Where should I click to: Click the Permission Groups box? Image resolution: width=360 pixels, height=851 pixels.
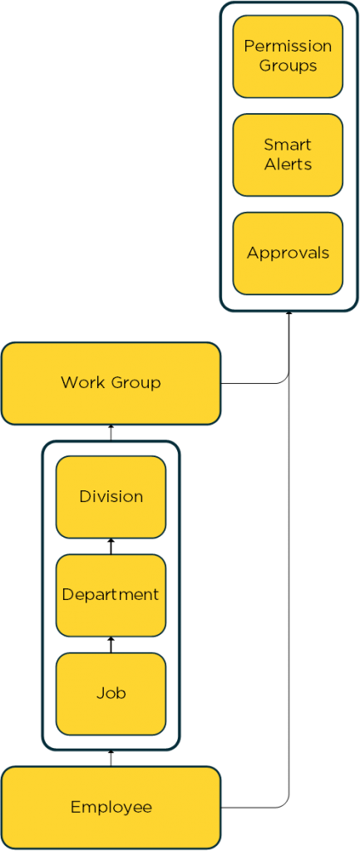288,57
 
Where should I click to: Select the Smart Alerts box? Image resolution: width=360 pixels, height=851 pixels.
288,155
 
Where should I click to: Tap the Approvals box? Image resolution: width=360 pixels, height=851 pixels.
288,253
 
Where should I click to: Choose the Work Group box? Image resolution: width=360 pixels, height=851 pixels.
111,383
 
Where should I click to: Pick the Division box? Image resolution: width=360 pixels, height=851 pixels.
111,497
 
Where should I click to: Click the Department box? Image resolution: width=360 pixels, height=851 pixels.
111,595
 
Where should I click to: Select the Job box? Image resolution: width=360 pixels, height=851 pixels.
111,694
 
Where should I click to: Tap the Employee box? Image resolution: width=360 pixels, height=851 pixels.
111,808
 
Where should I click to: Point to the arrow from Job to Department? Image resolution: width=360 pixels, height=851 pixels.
111,645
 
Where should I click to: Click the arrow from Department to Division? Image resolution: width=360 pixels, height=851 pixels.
111,547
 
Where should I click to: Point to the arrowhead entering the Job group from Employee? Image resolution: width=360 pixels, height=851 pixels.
111,753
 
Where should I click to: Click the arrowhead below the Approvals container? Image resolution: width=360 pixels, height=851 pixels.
288,314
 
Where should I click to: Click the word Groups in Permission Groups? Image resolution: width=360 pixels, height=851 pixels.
288,66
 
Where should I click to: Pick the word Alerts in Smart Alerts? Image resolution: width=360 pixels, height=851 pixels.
288,165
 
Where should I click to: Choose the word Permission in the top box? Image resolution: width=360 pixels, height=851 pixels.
288,47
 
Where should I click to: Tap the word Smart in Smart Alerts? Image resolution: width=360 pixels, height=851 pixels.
288,145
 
